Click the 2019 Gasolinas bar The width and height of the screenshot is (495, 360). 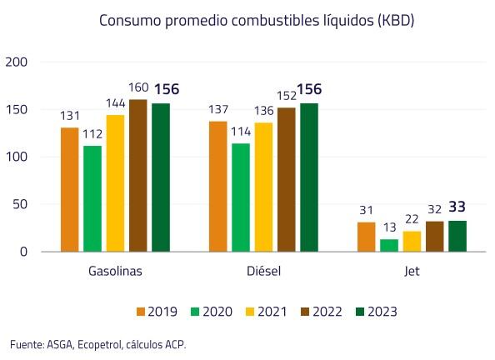pos(69,189)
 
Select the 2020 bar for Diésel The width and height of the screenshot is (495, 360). pos(240,197)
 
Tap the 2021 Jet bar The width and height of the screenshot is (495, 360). pos(412,241)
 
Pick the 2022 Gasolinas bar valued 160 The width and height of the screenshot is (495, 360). pos(137,175)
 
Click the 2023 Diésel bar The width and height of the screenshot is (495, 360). pos(308,177)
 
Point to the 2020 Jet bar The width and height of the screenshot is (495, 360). pos(389,245)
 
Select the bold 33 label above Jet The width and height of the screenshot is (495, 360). pos(457,207)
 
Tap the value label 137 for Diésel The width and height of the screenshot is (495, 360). pos(217,111)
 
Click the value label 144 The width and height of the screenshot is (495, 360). pos(115,105)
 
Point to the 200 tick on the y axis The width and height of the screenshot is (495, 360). pos(17,62)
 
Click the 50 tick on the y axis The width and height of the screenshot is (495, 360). pos(21,204)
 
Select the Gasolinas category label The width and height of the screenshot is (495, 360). pos(115,272)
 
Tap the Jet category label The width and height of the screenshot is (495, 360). pos(412,272)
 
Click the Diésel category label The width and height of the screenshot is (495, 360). pos(263,272)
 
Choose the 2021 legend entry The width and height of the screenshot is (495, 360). pos(263,312)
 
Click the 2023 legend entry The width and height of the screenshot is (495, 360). pos(372,312)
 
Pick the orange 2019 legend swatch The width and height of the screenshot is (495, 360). pos(141,312)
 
